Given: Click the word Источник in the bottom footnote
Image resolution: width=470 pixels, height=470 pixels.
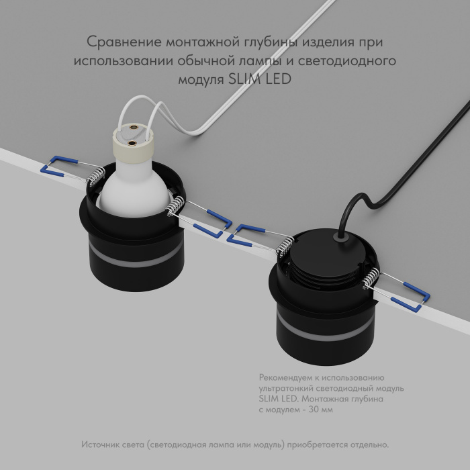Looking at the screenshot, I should coord(101,445).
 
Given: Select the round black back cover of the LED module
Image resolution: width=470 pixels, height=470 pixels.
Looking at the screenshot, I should coord(322,255).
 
